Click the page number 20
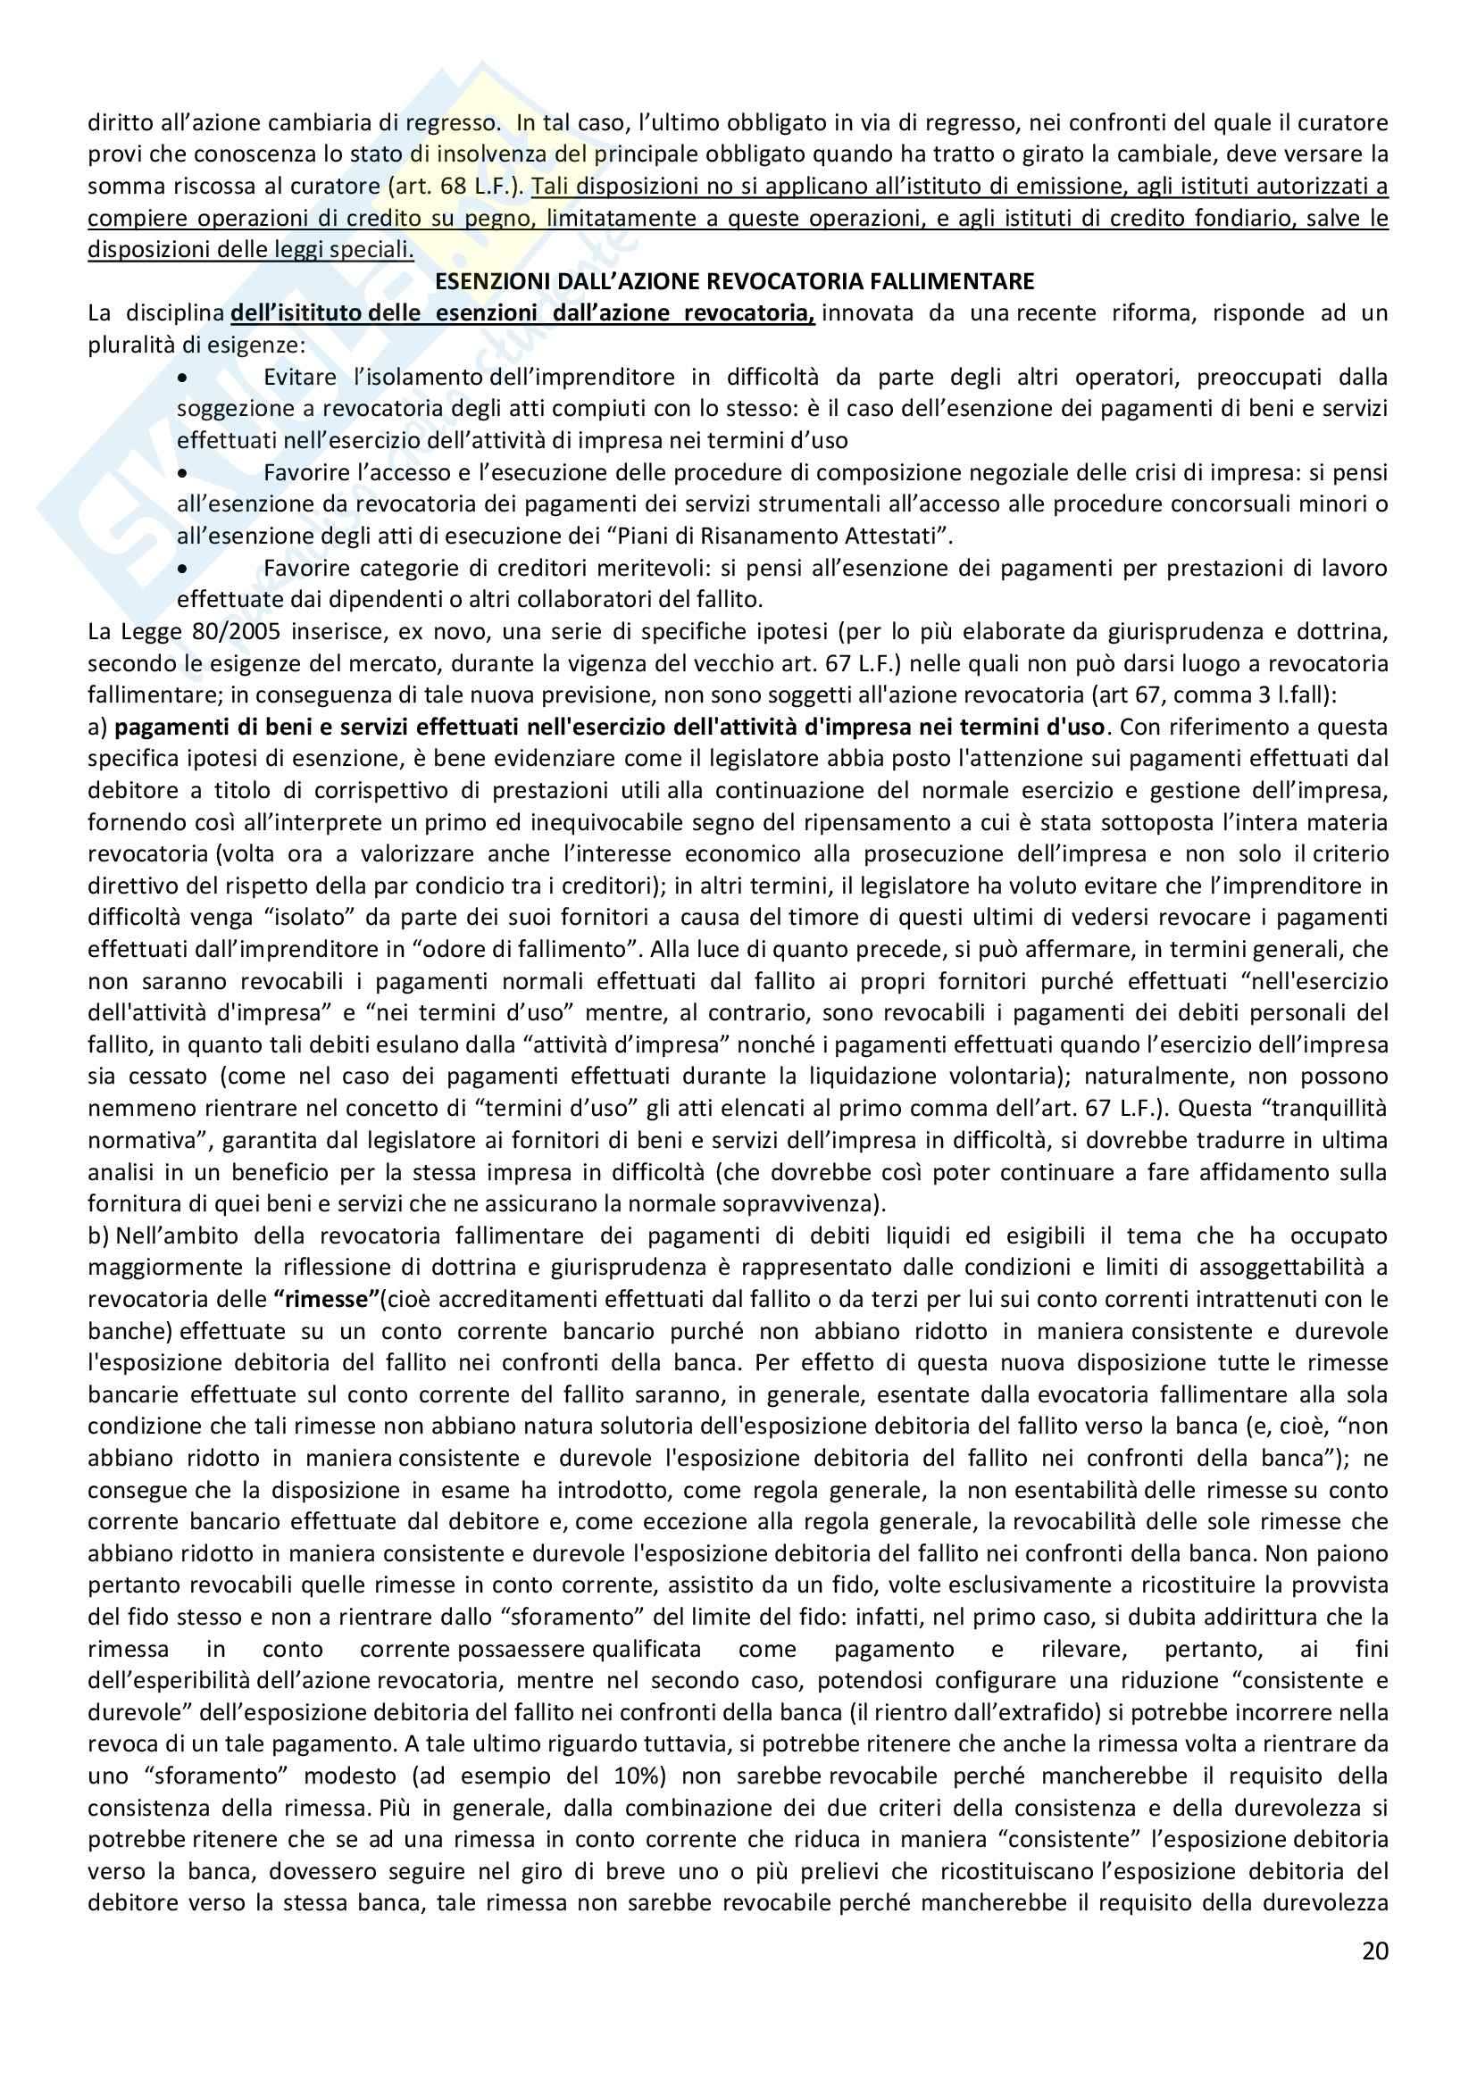1375,1950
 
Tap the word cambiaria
263,123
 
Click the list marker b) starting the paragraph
98,1235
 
